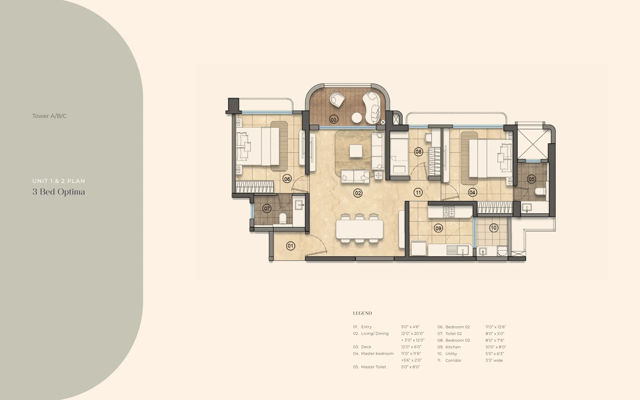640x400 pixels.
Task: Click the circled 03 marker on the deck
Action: point(333,119)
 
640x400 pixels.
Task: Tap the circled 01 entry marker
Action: point(290,246)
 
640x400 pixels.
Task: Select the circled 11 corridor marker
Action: point(418,192)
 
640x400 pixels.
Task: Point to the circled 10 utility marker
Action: point(493,228)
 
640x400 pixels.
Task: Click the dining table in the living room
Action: point(359,229)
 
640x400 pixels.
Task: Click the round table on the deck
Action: point(357,118)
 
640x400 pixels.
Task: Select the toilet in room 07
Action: point(283,218)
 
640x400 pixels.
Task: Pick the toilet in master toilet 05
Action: point(540,191)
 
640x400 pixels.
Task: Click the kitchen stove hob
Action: point(448,212)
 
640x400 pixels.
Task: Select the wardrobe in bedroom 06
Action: point(254,187)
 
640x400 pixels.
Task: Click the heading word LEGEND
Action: point(362,313)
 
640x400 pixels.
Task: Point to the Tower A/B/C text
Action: point(49,116)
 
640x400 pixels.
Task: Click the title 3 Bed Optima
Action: point(59,192)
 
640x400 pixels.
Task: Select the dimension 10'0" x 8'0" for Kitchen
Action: point(495,347)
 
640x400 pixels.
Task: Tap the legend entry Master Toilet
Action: point(373,367)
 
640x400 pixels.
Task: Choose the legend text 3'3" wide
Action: point(494,360)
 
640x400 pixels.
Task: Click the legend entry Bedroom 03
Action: point(457,340)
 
